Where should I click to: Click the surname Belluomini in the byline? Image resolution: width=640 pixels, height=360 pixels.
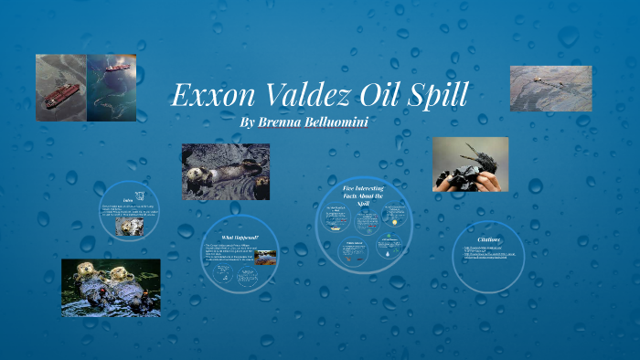point(338,122)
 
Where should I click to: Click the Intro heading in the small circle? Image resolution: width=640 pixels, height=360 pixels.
point(128,199)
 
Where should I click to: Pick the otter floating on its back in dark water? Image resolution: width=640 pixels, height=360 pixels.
point(219,174)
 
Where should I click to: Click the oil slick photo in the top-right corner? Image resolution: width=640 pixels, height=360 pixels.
point(550,88)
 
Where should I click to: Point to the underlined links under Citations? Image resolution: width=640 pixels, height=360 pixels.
point(489,251)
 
